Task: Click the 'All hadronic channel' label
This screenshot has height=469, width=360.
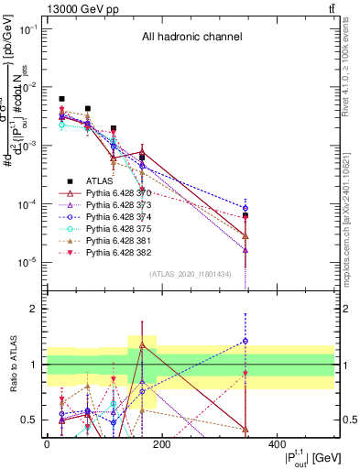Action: click(x=191, y=38)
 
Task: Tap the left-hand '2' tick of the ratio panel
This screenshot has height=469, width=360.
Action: click(x=34, y=309)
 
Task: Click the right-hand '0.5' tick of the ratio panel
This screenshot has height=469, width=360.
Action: click(x=347, y=420)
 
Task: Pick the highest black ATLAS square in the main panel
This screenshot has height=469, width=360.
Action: click(x=61, y=99)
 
